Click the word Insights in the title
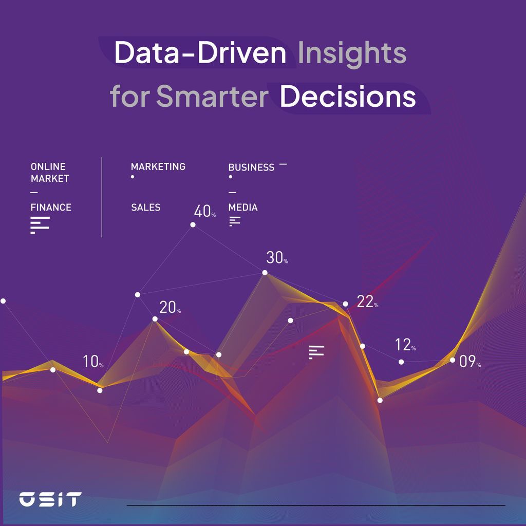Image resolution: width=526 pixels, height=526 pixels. pyautogui.click(x=352, y=53)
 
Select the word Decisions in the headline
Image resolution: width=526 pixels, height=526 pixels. pyautogui.click(x=348, y=97)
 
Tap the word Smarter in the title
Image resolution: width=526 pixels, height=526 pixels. pyautogui.click(x=212, y=97)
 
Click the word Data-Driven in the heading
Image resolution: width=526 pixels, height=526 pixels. pyautogui.click(x=200, y=53)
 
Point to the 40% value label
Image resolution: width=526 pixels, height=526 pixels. pyautogui.click(x=204, y=211)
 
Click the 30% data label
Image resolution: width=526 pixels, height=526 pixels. pyautogui.click(x=277, y=258)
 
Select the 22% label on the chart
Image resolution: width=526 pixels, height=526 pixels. pyautogui.click(x=367, y=302)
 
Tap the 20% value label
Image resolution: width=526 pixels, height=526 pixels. pyautogui.click(x=170, y=308)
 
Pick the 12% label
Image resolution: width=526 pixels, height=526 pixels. pyautogui.click(x=405, y=345)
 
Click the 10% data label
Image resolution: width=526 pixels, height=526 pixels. pyautogui.click(x=93, y=362)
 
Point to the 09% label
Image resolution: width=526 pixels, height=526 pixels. pyautogui.click(x=469, y=362)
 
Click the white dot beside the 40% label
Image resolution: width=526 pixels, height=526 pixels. pyautogui.click(x=193, y=224)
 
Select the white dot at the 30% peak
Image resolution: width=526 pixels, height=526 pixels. pyautogui.click(x=265, y=273)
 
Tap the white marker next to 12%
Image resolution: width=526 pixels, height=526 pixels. pyautogui.click(x=401, y=362)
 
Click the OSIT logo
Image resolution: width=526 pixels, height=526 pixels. pyautogui.click(x=50, y=499)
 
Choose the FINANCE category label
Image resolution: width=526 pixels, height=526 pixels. pyautogui.click(x=51, y=208)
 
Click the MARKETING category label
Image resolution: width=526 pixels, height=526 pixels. pyautogui.click(x=158, y=167)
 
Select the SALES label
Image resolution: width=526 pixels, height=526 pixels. pyautogui.click(x=145, y=208)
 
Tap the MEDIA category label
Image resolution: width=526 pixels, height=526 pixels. pyautogui.click(x=243, y=208)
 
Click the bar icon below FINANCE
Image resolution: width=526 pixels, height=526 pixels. pyautogui.click(x=40, y=225)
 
